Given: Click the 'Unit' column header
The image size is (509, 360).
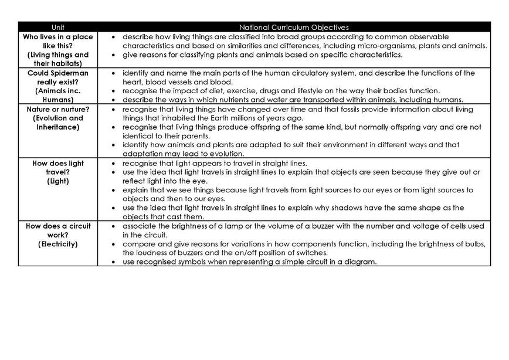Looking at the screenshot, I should (57, 27).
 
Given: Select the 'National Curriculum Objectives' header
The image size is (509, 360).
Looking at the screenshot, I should (294, 27).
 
